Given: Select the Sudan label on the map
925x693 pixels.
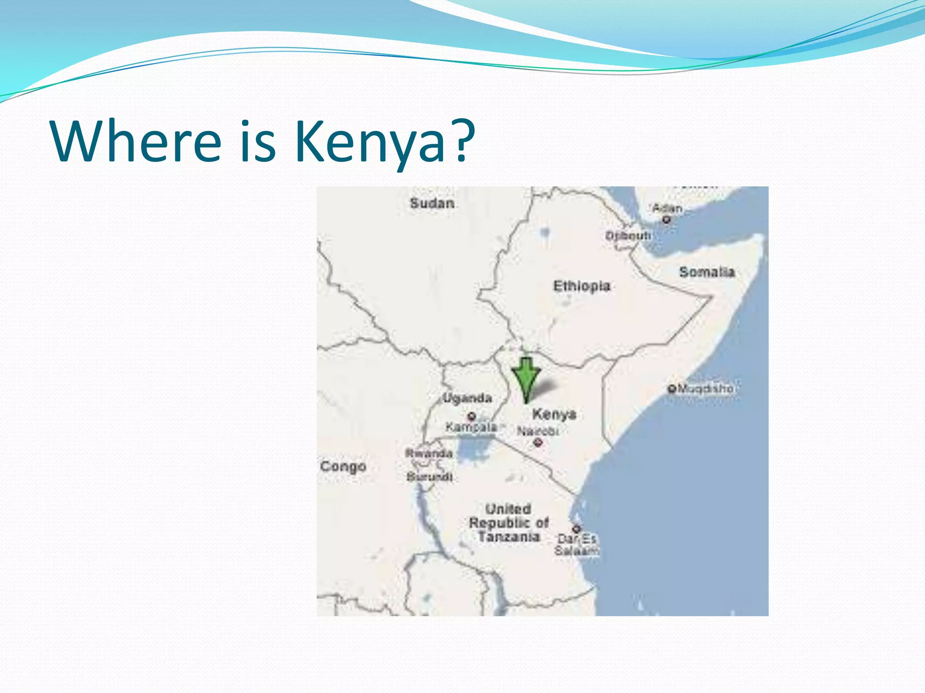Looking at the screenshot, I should coord(432,203).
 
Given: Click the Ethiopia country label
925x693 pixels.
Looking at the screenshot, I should coord(582,286).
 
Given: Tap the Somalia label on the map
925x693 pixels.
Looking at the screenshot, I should coord(707,272).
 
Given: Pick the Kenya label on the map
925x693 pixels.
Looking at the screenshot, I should coord(554,414).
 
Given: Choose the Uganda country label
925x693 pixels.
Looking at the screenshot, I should coord(467,398).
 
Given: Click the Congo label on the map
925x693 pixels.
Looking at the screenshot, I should coord(343,467).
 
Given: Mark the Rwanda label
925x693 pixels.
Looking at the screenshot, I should coord(429,453).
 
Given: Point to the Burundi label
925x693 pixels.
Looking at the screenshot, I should coord(429,476).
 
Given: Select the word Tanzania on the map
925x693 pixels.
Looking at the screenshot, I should coord(509,537).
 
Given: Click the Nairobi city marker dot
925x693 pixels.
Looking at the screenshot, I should coord(537,443).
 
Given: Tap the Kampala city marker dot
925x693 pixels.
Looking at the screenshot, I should coord(472,416).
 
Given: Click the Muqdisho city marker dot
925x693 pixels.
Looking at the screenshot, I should coord(672,388).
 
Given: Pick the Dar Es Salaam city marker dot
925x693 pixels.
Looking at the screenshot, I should coord(576,528).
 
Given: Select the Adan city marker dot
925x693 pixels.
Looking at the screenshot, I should coord(667,220).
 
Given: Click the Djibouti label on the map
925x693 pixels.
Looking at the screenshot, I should coord(628,236).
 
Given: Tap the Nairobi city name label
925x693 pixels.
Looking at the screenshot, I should coord(537,431).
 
